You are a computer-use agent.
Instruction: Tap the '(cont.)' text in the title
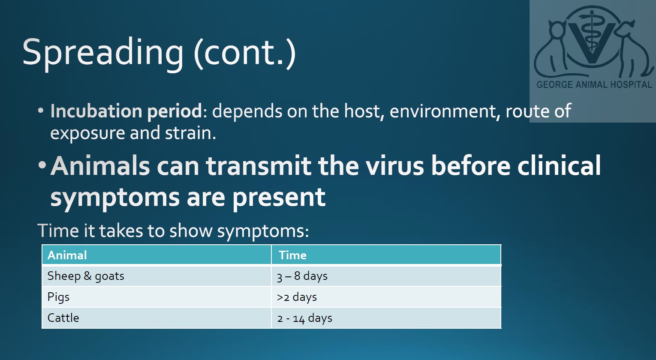pyautogui.click(x=245, y=53)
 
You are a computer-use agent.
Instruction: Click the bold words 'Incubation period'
pyautogui.click(x=126, y=112)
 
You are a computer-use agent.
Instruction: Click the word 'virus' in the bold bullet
pyautogui.click(x=394, y=166)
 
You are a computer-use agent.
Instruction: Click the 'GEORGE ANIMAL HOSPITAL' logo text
pyautogui.click(x=594, y=85)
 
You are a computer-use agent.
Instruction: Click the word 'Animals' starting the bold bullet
pyautogui.click(x=100, y=166)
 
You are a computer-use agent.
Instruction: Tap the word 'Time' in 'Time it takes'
pyautogui.click(x=58, y=231)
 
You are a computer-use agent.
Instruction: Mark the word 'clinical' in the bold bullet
pyautogui.click(x=559, y=165)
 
